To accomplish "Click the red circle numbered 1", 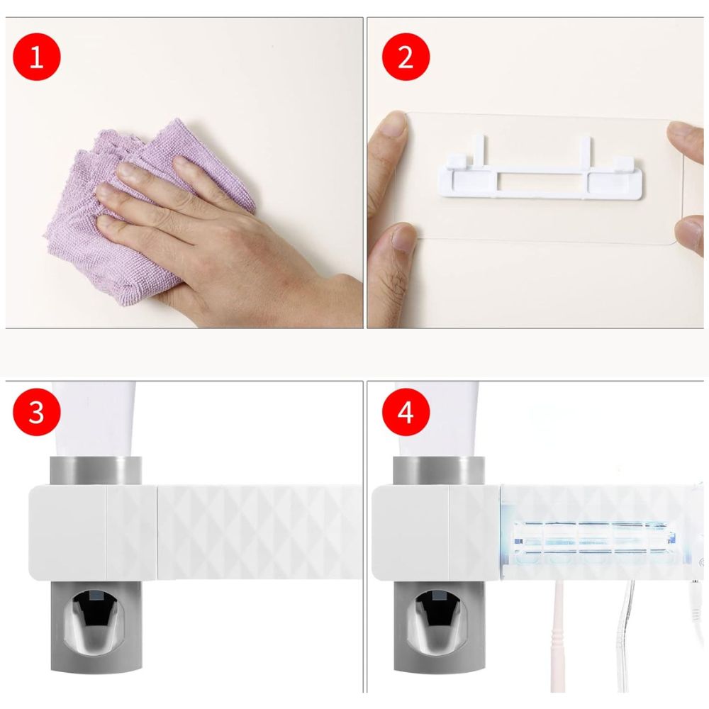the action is pyautogui.click(x=37, y=57).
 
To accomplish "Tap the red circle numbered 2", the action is pyautogui.click(x=406, y=57).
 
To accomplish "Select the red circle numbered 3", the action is pyautogui.click(x=37, y=412).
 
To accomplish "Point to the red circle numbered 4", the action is pyautogui.click(x=406, y=412).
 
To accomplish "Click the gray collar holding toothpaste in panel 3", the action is pyautogui.click(x=96, y=470).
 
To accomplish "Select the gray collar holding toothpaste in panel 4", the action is pyautogui.click(x=439, y=470).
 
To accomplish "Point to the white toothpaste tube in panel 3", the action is pyautogui.click(x=94, y=419).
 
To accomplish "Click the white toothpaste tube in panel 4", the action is pyautogui.click(x=437, y=419).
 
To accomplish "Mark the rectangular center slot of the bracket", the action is pyautogui.click(x=542, y=181).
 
